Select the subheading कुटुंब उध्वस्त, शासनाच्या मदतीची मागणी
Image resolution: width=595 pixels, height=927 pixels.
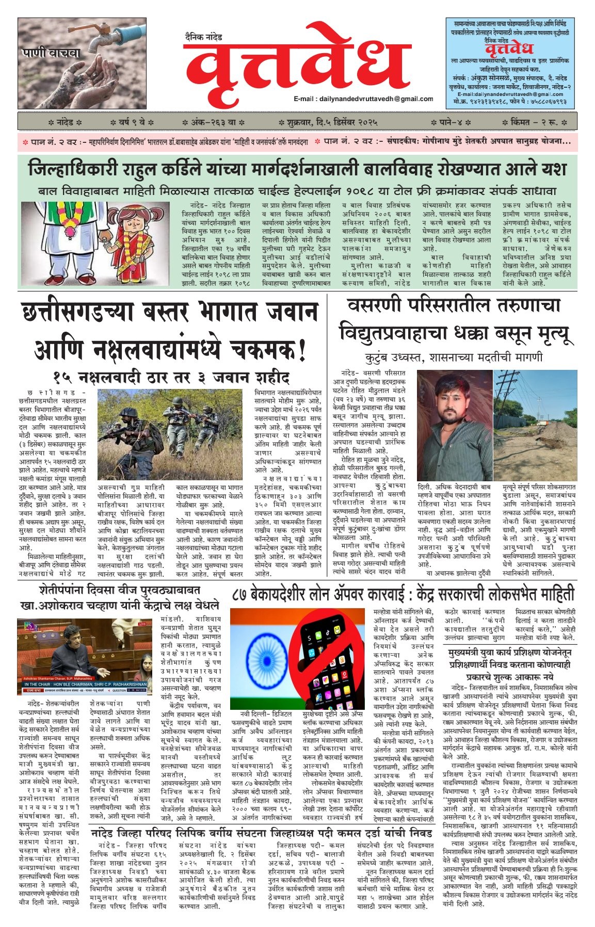[x=454, y=357]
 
